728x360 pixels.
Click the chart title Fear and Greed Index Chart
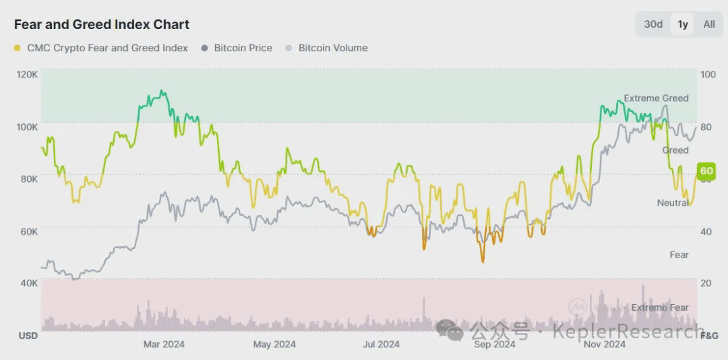[x=102, y=24]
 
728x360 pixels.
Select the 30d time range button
[x=653, y=24]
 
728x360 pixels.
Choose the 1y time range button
[x=683, y=24]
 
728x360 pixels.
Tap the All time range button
[x=709, y=24]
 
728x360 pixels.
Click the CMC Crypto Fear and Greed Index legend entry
[x=100, y=48]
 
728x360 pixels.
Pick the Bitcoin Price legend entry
[x=237, y=48]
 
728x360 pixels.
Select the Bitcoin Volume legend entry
[x=327, y=48]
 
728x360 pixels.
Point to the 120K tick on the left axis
[x=27, y=74]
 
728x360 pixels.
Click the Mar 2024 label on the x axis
[x=164, y=344]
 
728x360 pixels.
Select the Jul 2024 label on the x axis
[x=381, y=344]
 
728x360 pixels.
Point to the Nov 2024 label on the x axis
[x=604, y=344]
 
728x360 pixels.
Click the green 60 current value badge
[x=706, y=171]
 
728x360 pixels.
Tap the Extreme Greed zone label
[x=656, y=98]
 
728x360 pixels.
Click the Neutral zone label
[x=672, y=203]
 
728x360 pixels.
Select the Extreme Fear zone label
[x=660, y=307]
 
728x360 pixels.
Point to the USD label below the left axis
[x=28, y=335]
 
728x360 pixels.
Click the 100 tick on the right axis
[x=708, y=74]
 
